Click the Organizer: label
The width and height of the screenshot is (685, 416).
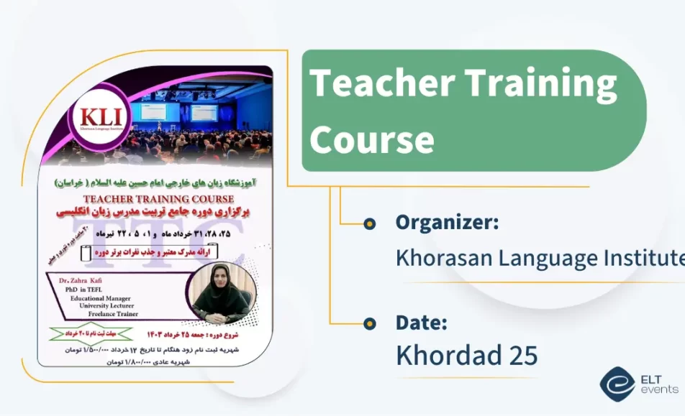[x=447, y=223]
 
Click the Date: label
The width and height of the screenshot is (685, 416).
[x=422, y=323]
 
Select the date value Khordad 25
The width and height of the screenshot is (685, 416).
[x=466, y=355]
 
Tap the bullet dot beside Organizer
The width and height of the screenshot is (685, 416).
[x=370, y=223]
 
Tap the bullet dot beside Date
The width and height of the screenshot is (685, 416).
[x=370, y=323]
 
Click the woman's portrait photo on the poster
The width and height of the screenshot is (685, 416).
[x=220, y=292]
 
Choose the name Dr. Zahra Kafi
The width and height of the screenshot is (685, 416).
[x=89, y=279]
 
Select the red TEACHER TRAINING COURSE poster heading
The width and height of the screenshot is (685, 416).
[x=159, y=198]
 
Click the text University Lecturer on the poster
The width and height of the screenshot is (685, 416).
[x=108, y=305]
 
